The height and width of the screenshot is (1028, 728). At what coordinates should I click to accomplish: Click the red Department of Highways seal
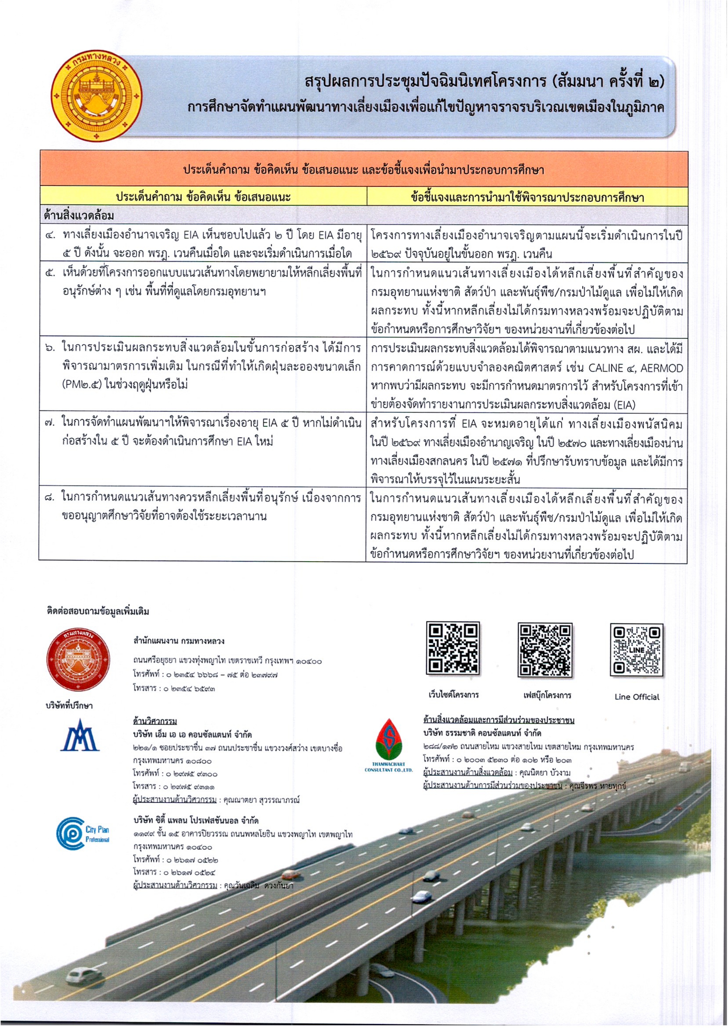tap(78, 660)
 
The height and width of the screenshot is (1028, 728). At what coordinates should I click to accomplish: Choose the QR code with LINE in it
tap(636, 649)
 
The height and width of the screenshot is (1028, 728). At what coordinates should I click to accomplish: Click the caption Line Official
tap(637, 697)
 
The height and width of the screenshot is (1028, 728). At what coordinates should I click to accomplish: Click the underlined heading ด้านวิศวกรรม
tap(155, 721)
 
